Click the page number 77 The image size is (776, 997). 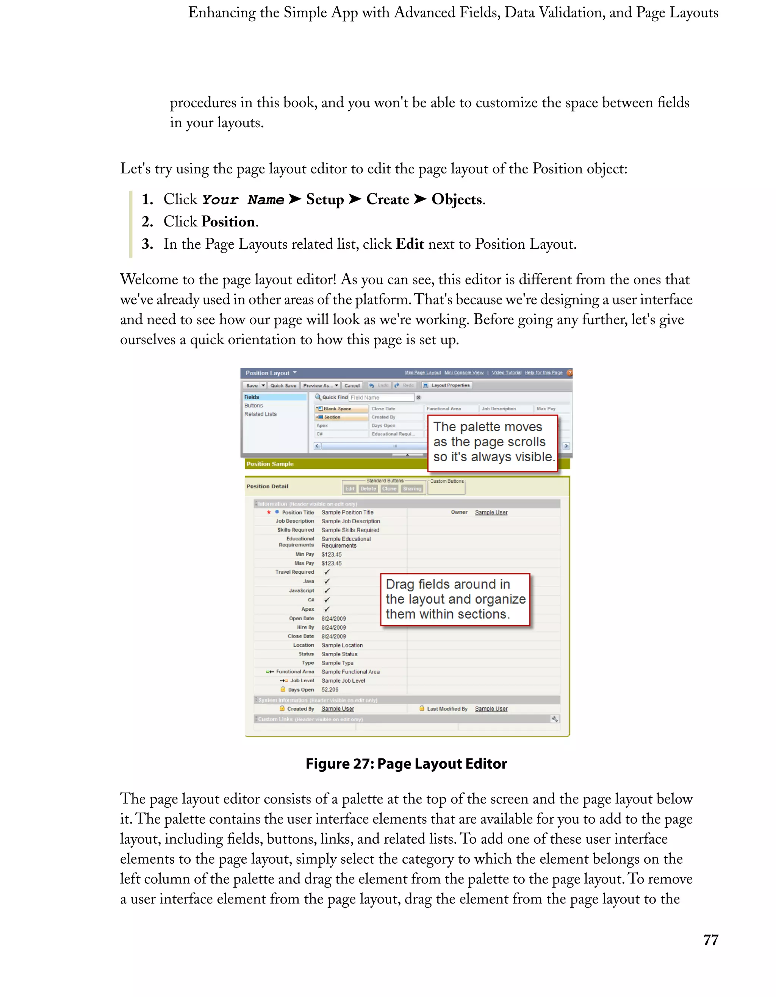point(711,939)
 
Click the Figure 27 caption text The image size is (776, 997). point(406,764)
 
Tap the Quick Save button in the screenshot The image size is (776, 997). point(283,385)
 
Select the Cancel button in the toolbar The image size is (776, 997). point(352,385)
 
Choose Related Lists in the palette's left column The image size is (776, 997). point(260,414)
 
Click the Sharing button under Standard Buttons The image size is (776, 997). point(412,488)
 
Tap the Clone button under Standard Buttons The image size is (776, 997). point(389,488)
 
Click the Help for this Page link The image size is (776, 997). point(543,373)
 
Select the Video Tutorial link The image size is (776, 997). point(506,373)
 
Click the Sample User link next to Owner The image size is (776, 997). point(491,512)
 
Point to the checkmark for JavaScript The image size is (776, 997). point(327,591)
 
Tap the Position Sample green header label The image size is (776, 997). point(270,464)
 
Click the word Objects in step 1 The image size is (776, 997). point(457,200)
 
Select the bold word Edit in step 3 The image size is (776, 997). point(410,244)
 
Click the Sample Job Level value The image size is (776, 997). point(343,681)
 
